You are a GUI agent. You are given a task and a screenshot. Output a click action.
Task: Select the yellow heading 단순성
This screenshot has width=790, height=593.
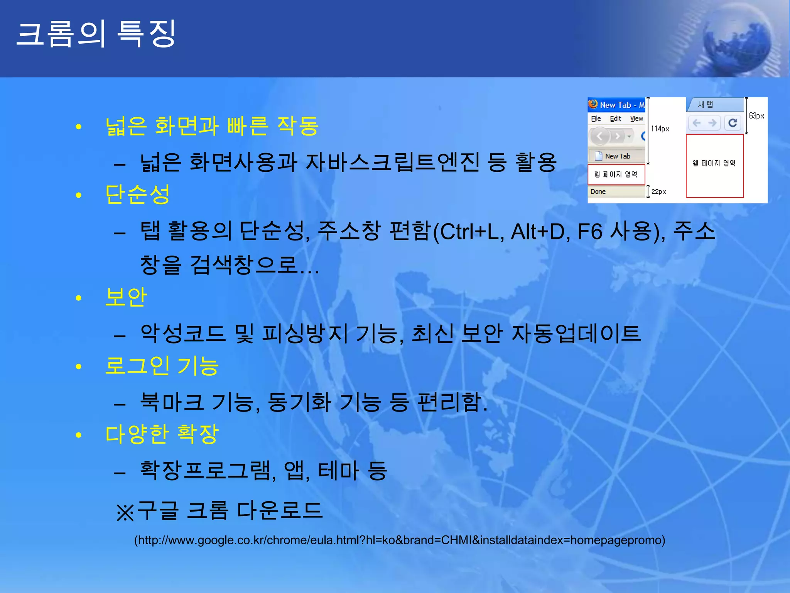point(137,194)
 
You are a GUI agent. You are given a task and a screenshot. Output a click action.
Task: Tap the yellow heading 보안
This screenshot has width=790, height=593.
point(126,297)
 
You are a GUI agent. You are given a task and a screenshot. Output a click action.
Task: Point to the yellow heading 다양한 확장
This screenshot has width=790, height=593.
point(162,434)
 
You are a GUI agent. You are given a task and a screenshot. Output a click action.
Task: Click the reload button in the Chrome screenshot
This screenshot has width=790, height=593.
point(733,123)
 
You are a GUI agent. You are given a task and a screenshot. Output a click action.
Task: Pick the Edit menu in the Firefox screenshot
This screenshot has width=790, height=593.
point(615,119)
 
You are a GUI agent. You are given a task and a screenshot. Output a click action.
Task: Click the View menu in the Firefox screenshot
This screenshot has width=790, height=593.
point(636,119)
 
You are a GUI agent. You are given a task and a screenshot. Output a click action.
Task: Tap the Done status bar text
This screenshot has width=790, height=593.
point(598,191)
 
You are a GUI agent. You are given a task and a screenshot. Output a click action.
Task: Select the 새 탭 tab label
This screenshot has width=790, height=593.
point(706,105)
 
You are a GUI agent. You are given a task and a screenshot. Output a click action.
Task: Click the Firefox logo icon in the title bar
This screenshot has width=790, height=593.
point(593,104)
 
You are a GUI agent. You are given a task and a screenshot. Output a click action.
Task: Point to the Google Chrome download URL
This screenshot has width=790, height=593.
point(399,540)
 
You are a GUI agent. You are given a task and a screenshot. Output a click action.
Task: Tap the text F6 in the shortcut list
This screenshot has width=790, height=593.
point(589,232)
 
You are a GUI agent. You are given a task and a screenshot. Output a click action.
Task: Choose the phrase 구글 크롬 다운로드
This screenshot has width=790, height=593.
point(230,510)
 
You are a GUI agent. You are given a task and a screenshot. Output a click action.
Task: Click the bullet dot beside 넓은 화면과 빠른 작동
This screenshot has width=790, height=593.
point(79,127)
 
